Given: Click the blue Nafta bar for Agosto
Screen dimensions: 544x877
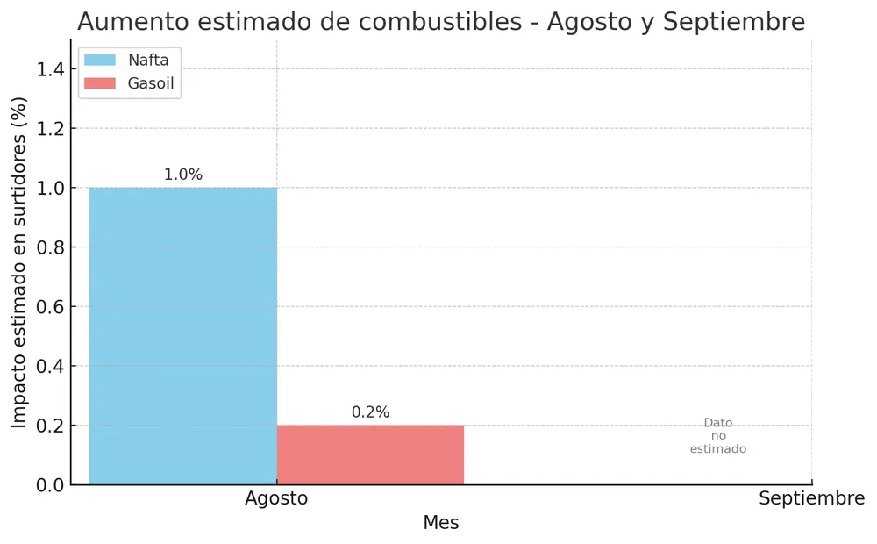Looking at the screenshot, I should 182,335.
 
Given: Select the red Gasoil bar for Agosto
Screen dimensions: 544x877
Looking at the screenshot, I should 370,455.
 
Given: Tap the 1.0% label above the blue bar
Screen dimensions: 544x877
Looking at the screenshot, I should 183,175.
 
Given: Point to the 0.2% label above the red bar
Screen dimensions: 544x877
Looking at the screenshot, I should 370,412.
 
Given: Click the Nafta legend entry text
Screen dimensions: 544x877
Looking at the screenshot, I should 148,61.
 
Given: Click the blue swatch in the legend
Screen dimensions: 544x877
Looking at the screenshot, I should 99,61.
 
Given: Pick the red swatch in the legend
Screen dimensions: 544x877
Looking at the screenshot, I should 99,83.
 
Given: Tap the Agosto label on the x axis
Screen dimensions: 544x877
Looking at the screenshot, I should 276,498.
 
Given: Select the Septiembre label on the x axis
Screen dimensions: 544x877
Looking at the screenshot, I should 811,498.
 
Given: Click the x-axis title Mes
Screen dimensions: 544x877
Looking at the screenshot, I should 440,523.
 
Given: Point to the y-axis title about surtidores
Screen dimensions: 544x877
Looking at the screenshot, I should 19,262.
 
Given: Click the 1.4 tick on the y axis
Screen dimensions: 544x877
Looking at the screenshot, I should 49,69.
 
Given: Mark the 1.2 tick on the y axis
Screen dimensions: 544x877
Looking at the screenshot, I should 49,129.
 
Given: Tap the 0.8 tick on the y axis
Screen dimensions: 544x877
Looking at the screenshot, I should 49,247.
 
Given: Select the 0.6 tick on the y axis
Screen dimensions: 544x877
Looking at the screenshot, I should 49,307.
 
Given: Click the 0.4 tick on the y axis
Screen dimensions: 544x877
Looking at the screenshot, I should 49,366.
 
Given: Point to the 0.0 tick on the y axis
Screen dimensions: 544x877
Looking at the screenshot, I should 49,485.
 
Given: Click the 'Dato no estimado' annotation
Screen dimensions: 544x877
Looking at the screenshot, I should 717,436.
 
